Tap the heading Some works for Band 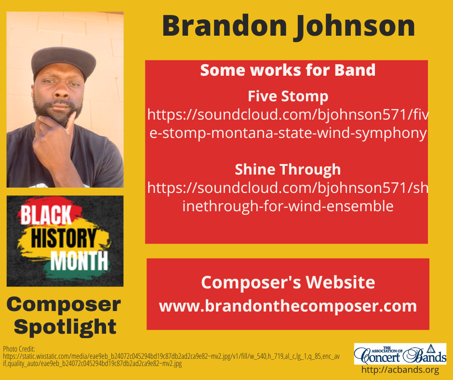click(x=288, y=70)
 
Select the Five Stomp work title click(x=288, y=96)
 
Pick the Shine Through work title click(x=288, y=170)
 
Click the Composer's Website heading click(x=288, y=282)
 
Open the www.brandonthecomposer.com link click(x=288, y=306)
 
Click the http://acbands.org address click(x=400, y=370)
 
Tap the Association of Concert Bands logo click(x=400, y=353)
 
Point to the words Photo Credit click(x=16, y=349)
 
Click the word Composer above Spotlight click(x=64, y=304)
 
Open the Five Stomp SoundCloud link click(x=288, y=124)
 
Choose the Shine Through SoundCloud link click(x=288, y=197)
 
